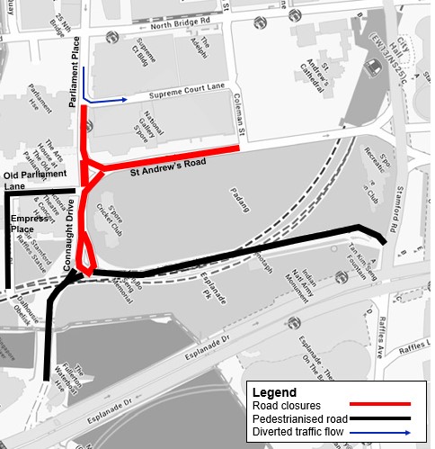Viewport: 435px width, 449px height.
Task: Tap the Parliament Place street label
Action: [76, 72]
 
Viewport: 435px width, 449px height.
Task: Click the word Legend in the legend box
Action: [275, 392]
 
